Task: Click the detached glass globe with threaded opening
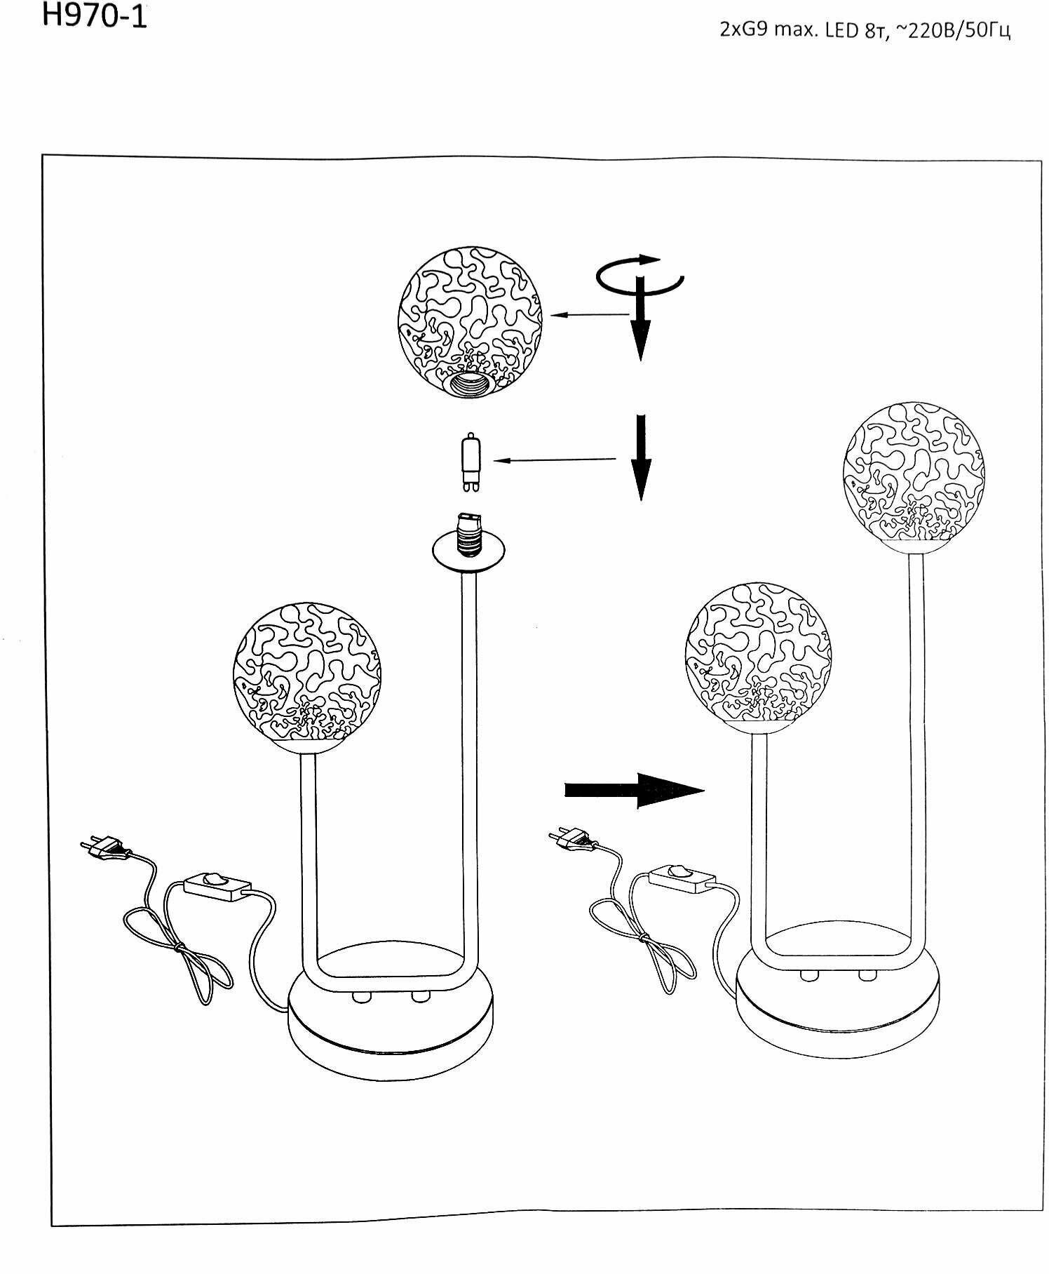[470, 319]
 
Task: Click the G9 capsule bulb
[470, 461]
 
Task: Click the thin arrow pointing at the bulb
[554, 460]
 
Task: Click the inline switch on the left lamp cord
[217, 885]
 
